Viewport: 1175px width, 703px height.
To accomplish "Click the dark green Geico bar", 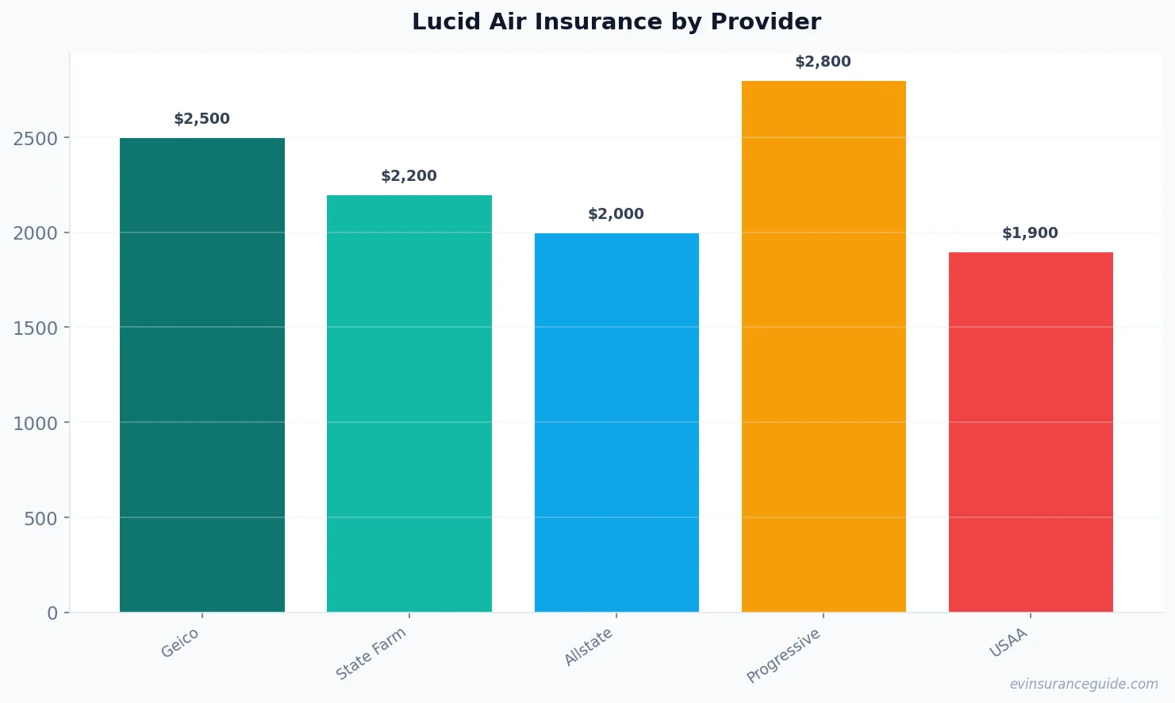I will point(202,375).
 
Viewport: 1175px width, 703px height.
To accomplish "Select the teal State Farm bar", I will point(409,403).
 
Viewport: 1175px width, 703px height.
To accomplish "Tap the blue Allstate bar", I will point(616,422).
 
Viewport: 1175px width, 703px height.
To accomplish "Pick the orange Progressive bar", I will point(824,346).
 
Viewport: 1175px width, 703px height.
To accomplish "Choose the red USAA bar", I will point(1031,432).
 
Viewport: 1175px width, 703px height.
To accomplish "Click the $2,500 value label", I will point(202,119).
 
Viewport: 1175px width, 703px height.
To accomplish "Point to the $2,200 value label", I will point(409,176).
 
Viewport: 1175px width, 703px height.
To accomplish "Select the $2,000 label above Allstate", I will point(616,214).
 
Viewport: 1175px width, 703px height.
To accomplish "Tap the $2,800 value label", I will point(823,62).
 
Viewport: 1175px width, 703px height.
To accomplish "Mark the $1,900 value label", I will point(1030,233).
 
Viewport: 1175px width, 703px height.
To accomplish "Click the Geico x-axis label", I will point(180,643).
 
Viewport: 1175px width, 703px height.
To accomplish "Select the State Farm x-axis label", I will point(371,653).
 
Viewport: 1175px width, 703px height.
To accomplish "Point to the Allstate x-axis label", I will point(589,646).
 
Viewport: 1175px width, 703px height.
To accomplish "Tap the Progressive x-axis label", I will point(784,655).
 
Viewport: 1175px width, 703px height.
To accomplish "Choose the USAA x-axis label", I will point(1008,643).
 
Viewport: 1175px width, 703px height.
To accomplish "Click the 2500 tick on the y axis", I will point(36,139).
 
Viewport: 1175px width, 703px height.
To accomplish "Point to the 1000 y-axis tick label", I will point(36,424).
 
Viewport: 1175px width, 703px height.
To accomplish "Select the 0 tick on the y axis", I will point(52,613).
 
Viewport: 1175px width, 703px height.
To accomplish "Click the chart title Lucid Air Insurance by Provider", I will point(616,21).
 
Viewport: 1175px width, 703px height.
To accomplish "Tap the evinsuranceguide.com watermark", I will point(1084,684).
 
